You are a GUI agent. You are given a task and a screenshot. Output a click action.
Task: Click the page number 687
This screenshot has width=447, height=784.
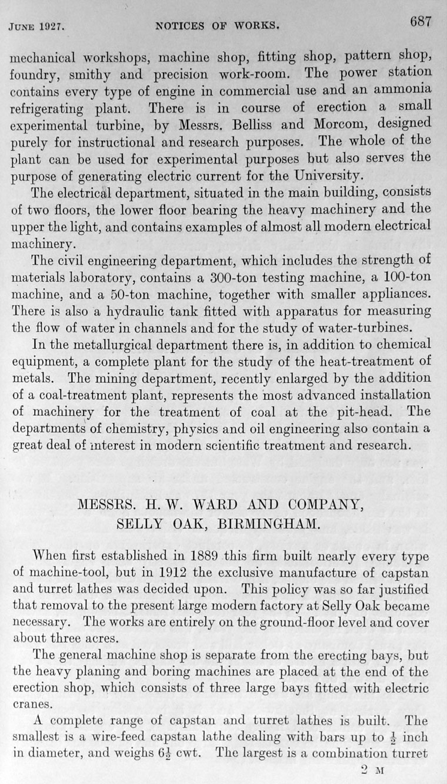[421, 22]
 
